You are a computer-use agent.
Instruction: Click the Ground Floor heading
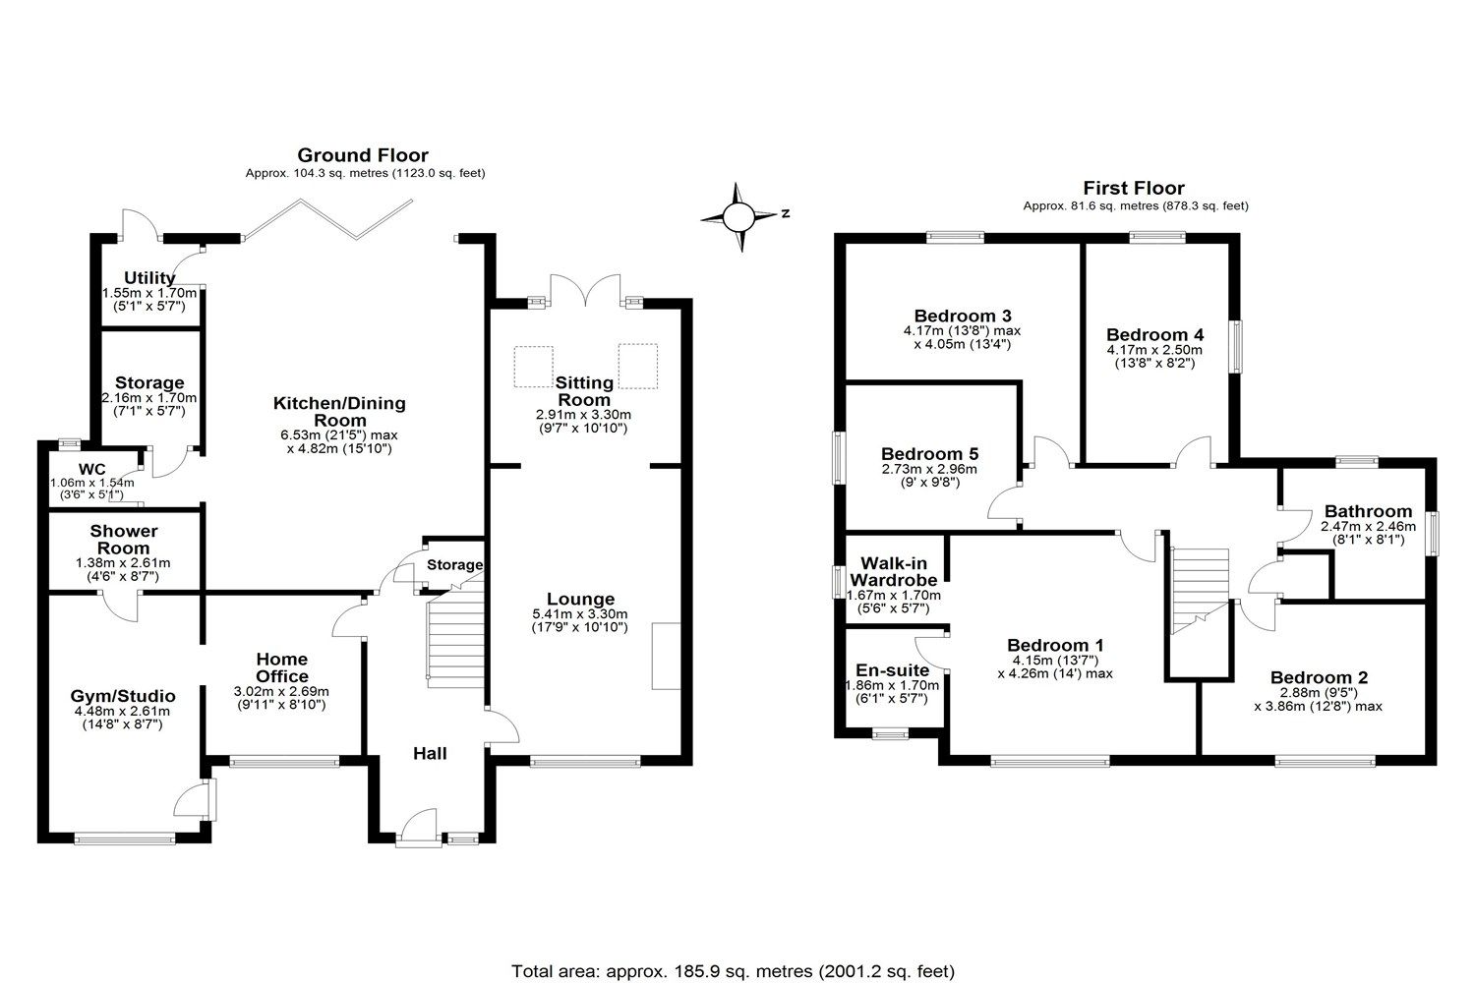[363, 155]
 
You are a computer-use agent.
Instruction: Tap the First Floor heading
[1134, 188]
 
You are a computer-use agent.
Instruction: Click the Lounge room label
[580, 600]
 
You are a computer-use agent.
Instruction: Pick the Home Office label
[282, 667]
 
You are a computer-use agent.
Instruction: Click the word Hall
[430, 754]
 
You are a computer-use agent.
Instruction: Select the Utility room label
[149, 278]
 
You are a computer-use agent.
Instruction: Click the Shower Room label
[124, 540]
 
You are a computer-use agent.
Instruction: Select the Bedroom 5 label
[929, 454]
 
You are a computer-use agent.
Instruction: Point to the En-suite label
[892, 670]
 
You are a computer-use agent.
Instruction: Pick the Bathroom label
[1368, 511]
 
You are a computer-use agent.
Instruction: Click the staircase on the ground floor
[454, 639]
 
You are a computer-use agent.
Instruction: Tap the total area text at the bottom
[733, 971]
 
